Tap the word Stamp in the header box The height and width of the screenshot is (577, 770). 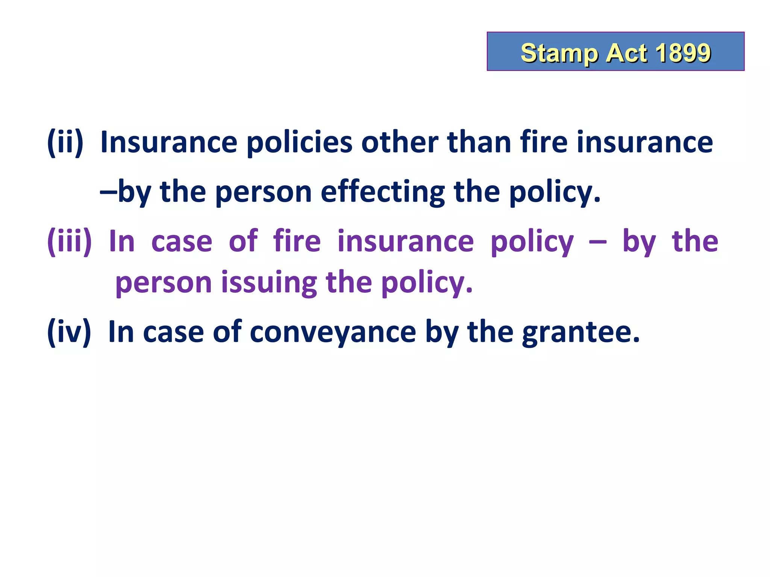559,53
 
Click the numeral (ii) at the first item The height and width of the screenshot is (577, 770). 65,142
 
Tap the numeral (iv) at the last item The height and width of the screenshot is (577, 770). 69,332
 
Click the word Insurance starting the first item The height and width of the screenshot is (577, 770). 169,142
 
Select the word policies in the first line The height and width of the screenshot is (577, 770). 299,143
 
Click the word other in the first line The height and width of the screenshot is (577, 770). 400,142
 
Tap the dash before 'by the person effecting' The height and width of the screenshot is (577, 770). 108,191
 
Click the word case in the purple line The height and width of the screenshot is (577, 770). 182,242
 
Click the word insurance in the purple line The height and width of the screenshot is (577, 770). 406,241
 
